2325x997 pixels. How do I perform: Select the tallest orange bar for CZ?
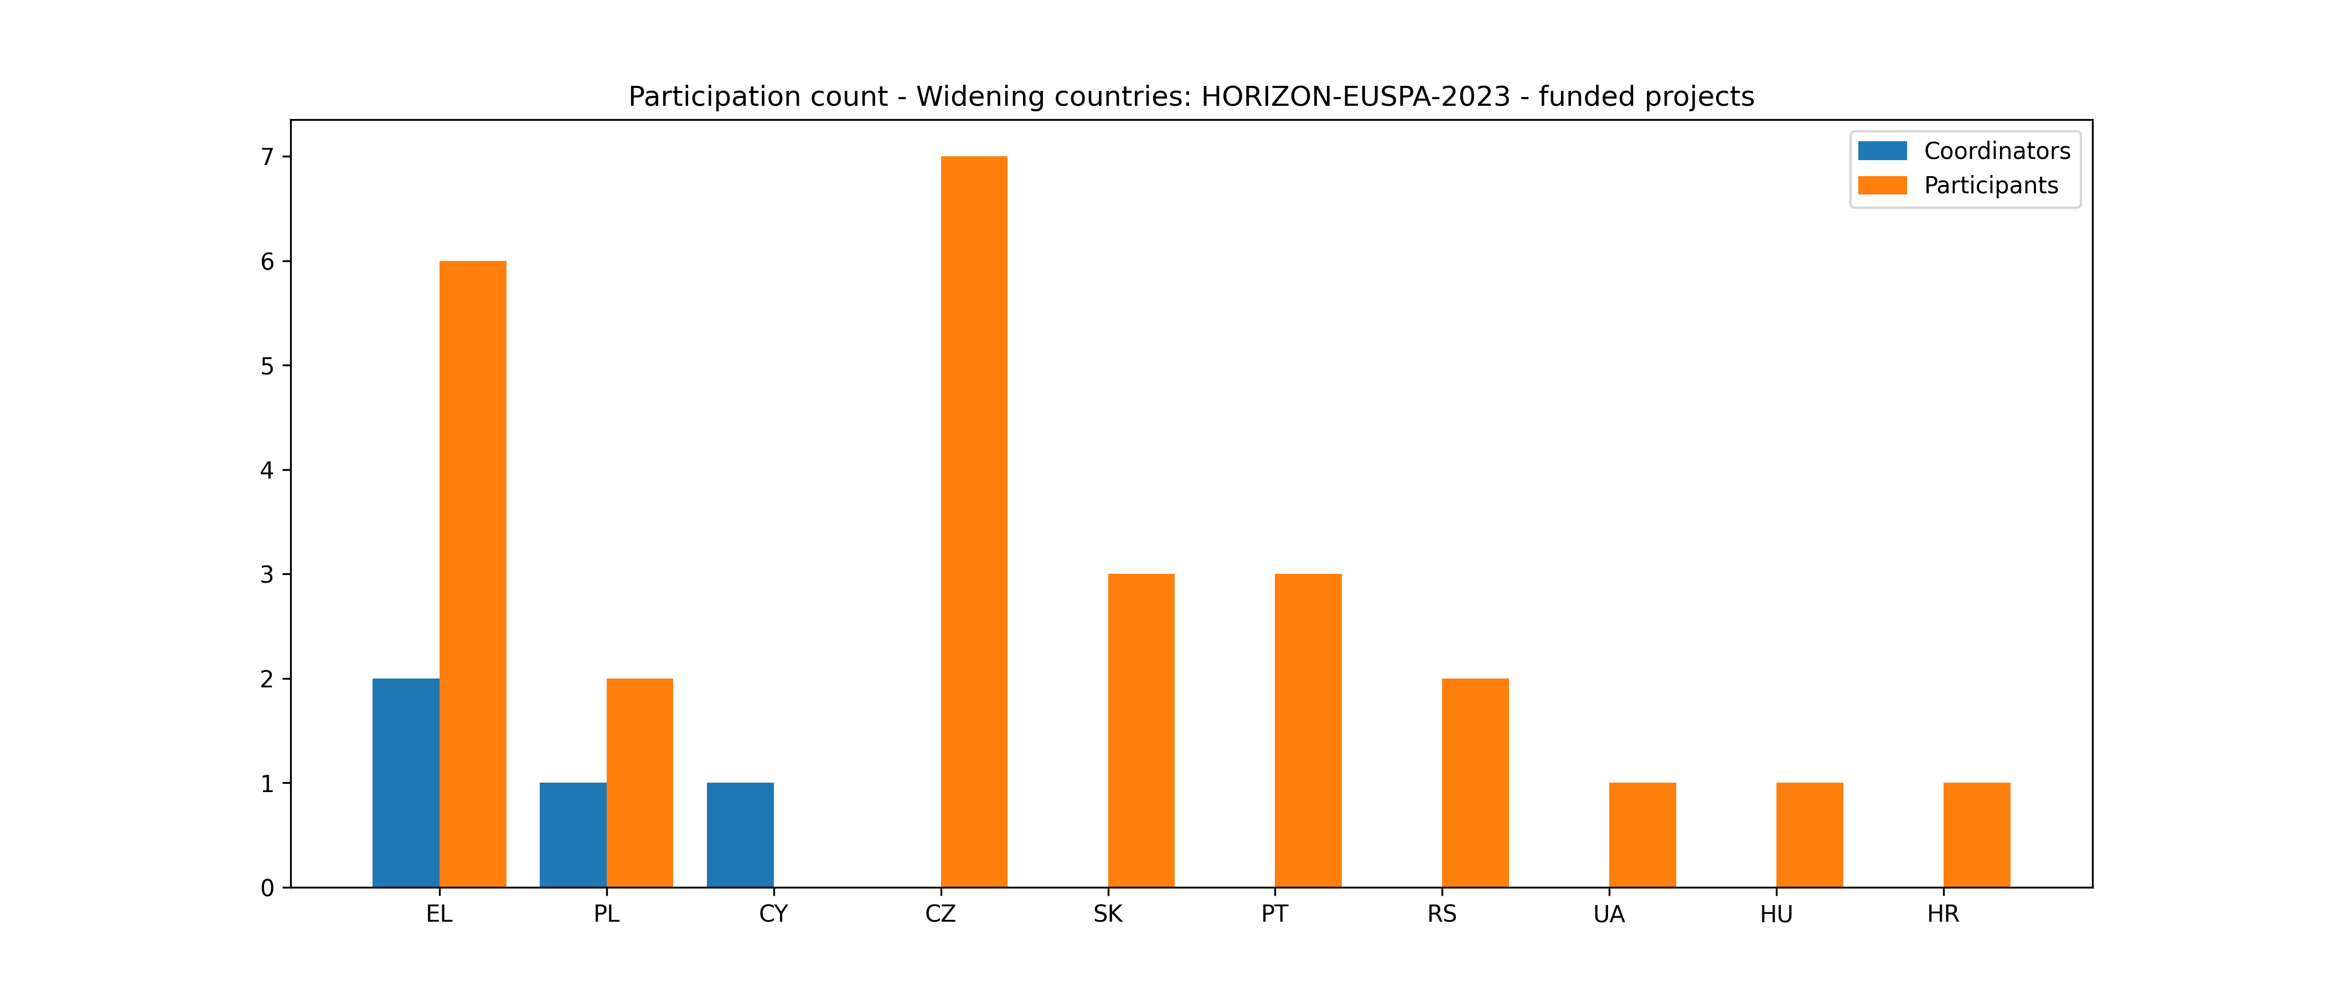click(974, 521)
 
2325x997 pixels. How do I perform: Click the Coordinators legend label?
click(1997, 151)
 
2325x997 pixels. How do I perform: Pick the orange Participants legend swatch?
click(1882, 185)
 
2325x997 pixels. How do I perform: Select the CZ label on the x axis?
click(941, 914)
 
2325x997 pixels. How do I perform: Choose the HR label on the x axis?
click(1943, 914)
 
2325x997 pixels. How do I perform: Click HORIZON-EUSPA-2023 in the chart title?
click(1355, 96)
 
